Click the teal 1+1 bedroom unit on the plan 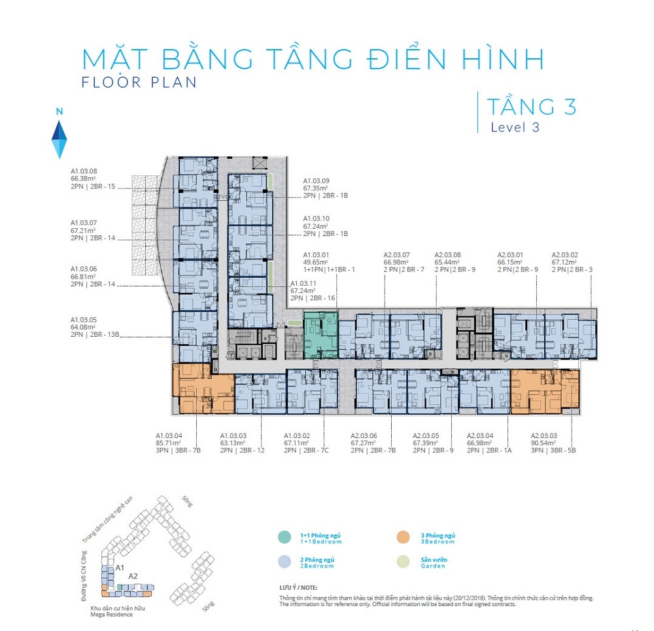[x=320, y=335]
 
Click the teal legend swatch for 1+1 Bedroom [x=284, y=537]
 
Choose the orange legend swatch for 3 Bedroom [x=402, y=537]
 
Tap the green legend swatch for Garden [x=402, y=562]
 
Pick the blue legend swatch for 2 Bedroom [x=284, y=562]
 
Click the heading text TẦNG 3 [x=531, y=105]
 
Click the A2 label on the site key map [x=133, y=576]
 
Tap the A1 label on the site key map [x=120, y=568]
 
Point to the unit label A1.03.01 [x=316, y=255]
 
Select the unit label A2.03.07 [x=396, y=255]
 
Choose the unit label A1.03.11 [x=303, y=284]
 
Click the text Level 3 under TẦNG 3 [x=515, y=128]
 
